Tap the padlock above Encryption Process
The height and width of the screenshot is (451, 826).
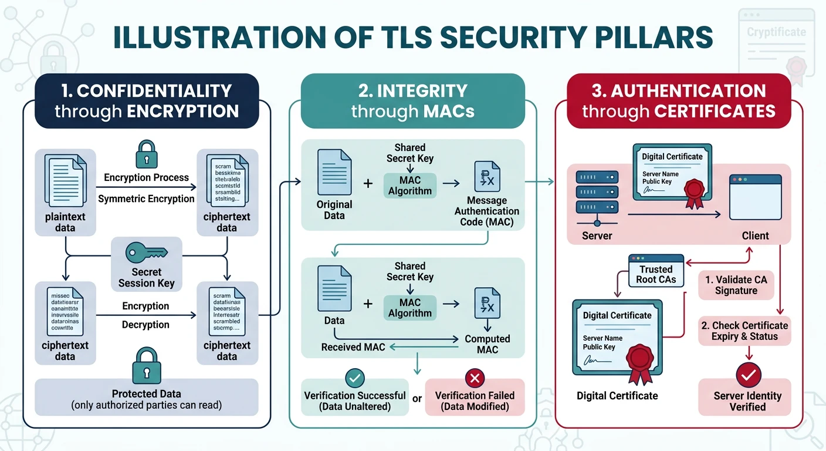click(x=146, y=153)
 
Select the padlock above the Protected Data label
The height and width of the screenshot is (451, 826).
click(x=146, y=365)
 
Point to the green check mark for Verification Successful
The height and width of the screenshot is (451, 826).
click(x=354, y=378)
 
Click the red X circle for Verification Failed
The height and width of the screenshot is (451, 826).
click(x=475, y=378)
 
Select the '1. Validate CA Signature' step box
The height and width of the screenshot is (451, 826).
click(x=736, y=285)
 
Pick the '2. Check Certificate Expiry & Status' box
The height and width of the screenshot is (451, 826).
click(x=744, y=331)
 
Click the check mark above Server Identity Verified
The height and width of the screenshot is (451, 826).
click(x=748, y=373)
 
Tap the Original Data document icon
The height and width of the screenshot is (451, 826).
click(x=334, y=172)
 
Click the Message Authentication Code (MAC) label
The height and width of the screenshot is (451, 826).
click(x=487, y=211)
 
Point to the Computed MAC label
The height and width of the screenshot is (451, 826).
click(x=487, y=344)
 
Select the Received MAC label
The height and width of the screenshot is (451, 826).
click(x=353, y=347)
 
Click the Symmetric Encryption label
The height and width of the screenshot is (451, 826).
click(x=146, y=198)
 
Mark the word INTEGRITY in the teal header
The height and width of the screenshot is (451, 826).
click(x=422, y=91)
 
